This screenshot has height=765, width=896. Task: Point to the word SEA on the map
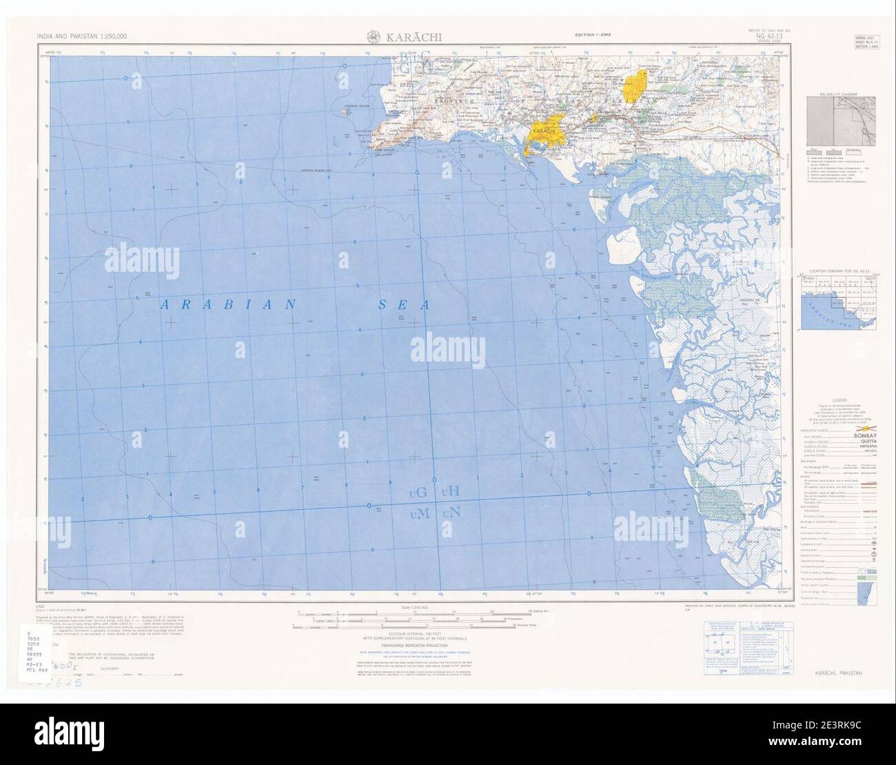click(x=403, y=305)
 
